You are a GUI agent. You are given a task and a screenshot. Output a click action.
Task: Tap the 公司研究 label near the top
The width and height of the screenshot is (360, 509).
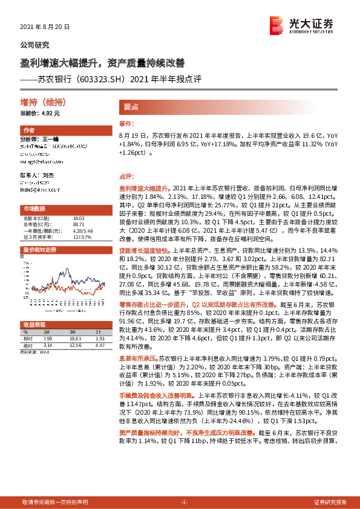pos(35,45)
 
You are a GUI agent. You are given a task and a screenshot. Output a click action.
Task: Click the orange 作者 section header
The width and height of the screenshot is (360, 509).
pos(29,130)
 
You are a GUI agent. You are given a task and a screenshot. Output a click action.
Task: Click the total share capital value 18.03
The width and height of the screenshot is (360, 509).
pos(79,218)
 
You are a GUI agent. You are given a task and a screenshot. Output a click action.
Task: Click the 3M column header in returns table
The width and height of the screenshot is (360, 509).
pos(72,332)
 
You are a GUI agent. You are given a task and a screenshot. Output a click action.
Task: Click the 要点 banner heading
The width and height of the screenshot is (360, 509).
pos(132,106)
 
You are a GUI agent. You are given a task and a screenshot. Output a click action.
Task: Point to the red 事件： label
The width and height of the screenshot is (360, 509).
pos(125,123)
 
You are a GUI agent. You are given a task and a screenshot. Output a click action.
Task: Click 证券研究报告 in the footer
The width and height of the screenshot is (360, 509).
pos(330,502)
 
